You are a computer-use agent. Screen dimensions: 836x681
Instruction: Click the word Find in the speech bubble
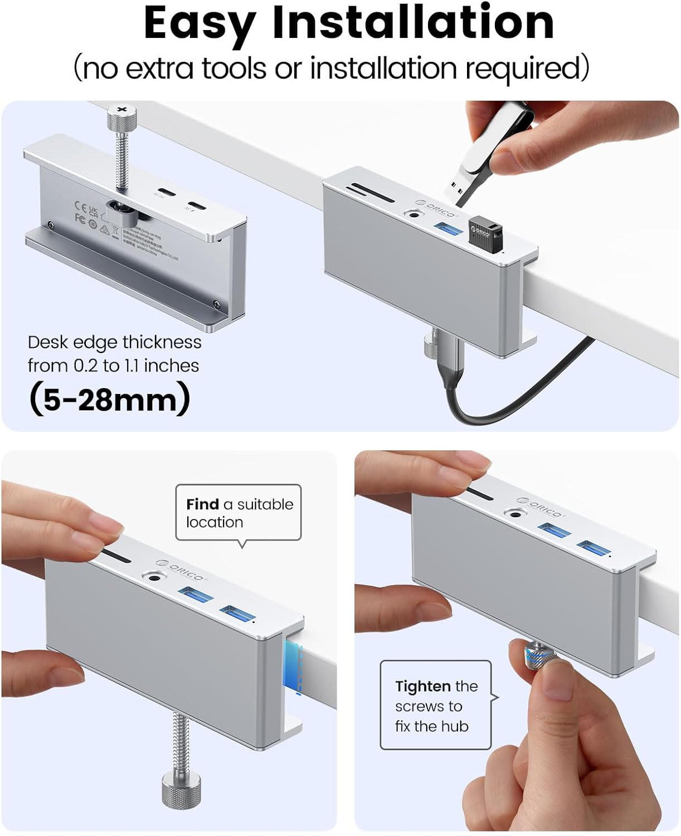[x=202, y=504]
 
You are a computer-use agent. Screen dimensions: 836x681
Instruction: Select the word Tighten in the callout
[x=422, y=686]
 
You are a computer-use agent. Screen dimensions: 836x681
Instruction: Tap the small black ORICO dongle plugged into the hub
[x=483, y=231]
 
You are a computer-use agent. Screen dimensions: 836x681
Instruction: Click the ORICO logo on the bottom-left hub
[x=181, y=570]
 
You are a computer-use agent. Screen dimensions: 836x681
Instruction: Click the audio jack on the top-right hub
[x=414, y=213]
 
